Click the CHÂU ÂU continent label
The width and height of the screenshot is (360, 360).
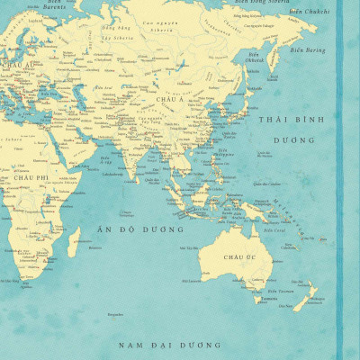19,66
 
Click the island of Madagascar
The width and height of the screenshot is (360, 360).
74,238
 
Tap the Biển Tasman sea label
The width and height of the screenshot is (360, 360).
280,291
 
